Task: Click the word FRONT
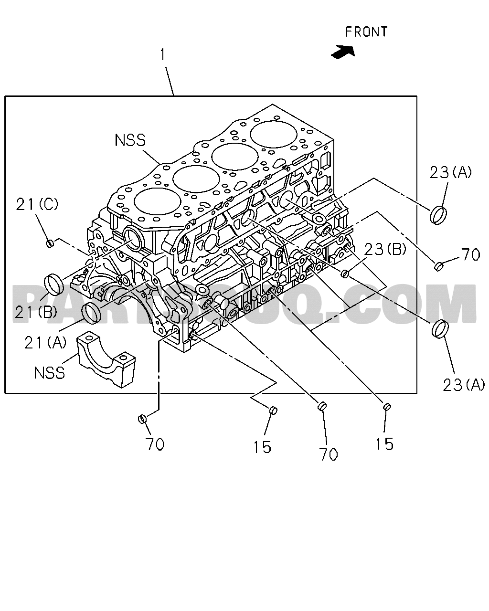point(366,32)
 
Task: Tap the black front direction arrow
point(343,52)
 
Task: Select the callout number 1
point(163,54)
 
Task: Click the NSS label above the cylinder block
point(130,140)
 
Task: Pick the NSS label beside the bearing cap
point(50,372)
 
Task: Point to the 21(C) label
point(37,204)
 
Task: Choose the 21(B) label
point(36,312)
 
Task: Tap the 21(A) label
point(45,343)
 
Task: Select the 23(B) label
point(385,250)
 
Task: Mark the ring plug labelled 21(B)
point(54,284)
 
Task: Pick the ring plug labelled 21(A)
point(92,314)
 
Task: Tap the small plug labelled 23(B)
point(345,274)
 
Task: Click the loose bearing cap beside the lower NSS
point(107,359)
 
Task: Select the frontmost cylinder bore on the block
point(274,134)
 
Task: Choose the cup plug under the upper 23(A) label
point(438,215)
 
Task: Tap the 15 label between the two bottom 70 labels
point(262,447)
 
